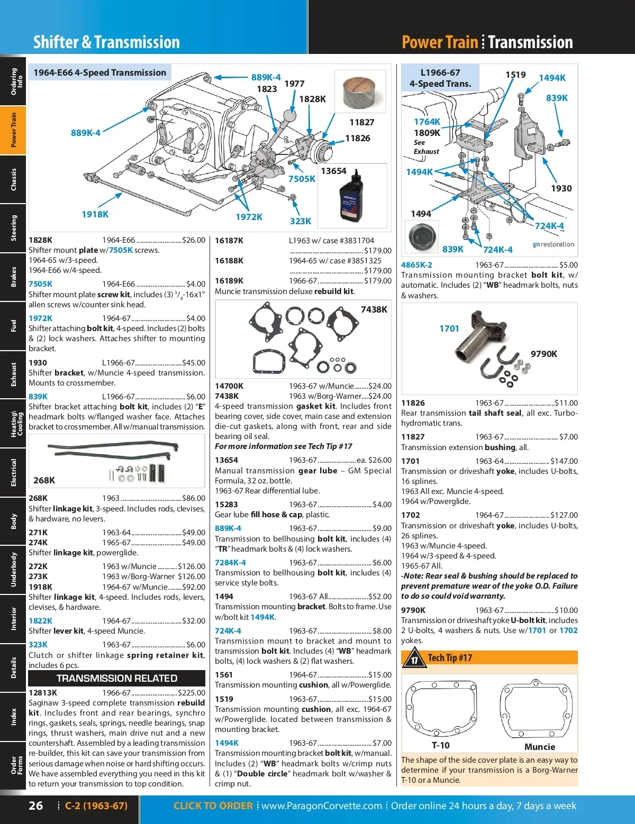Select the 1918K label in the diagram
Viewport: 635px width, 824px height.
(x=95, y=214)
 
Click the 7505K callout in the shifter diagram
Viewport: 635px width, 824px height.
(x=302, y=179)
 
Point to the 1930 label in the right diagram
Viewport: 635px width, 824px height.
(x=561, y=188)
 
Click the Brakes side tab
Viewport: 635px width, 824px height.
(x=13, y=277)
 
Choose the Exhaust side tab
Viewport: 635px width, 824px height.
(x=13, y=374)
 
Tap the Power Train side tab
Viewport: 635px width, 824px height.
(x=13, y=130)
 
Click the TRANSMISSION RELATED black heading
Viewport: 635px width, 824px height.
(x=116, y=678)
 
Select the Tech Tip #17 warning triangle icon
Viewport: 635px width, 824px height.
(x=414, y=659)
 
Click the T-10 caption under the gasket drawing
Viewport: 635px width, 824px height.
(x=440, y=746)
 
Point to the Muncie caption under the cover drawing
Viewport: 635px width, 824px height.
(x=539, y=747)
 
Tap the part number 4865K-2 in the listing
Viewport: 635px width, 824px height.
(x=416, y=265)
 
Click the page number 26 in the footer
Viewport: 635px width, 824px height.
(x=35, y=805)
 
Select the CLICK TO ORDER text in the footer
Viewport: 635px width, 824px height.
(x=213, y=806)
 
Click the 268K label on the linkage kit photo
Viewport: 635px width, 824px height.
(x=44, y=480)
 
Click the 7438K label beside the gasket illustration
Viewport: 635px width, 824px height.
(x=374, y=309)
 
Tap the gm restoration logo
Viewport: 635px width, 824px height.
(x=553, y=244)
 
